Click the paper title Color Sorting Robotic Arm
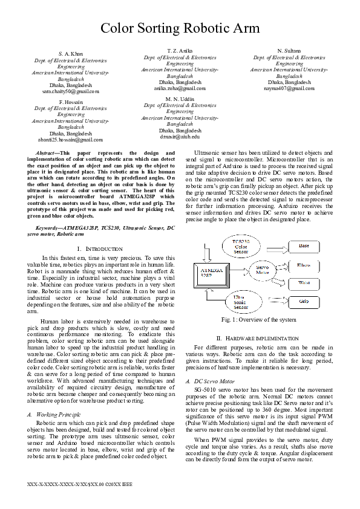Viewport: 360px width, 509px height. (180, 28)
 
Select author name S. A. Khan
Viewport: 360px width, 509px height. (71, 54)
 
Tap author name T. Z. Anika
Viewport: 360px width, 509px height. (180, 50)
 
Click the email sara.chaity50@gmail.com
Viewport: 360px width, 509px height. (71, 91)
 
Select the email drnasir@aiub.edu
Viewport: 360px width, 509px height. (180, 137)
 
